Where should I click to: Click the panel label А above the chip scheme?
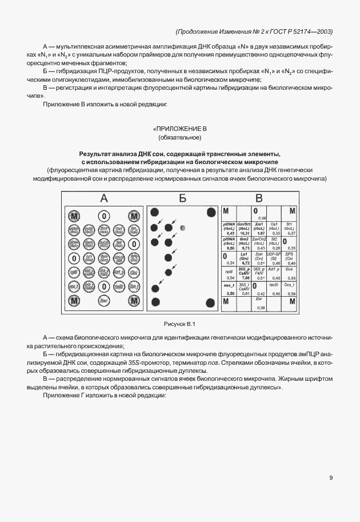(103, 198)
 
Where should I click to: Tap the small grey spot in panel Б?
(182, 228)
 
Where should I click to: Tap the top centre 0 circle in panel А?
(103, 216)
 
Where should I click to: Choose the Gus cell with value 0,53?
(290, 273)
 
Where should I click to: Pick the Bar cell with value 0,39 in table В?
(259, 303)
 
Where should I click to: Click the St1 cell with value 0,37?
(290, 228)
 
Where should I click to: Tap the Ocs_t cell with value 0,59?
(290, 288)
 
